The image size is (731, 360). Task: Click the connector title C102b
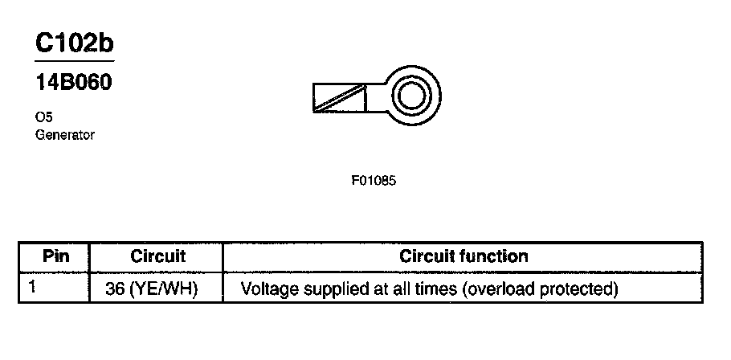tap(74, 44)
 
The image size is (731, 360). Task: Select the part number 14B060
tap(72, 84)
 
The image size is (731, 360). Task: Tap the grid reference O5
tap(44, 117)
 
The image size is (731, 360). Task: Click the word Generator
tap(65, 135)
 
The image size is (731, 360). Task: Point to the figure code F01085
tap(374, 181)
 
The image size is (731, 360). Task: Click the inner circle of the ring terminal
tap(411, 98)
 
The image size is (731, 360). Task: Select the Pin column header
tap(55, 257)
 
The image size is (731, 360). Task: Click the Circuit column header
tap(157, 257)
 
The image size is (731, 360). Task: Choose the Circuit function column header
tap(464, 257)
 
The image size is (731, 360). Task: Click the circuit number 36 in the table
tap(115, 288)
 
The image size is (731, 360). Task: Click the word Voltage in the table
tap(268, 288)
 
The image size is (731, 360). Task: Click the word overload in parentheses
tap(496, 288)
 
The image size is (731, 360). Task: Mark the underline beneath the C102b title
tap(74, 61)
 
